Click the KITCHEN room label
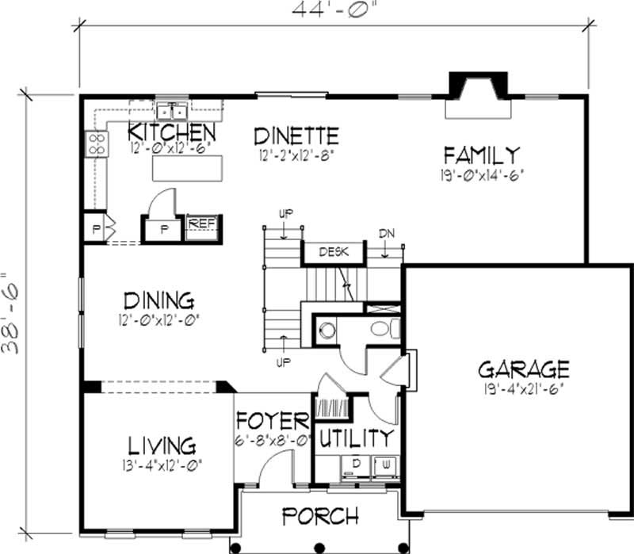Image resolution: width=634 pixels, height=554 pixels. [172, 131]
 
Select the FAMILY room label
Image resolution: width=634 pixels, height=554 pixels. [481, 154]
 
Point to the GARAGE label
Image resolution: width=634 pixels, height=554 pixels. [523, 369]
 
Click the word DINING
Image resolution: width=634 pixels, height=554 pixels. [159, 301]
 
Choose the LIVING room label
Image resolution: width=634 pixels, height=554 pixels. [159, 445]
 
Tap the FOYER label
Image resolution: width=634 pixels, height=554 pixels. [272, 420]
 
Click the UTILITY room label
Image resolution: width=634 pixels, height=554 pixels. [356, 437]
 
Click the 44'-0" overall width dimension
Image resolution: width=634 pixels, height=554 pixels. [333, 12]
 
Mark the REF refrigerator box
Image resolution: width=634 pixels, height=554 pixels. [202, 224]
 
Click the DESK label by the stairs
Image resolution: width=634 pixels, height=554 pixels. [333, 253]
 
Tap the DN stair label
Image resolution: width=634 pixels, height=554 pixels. [386, 234]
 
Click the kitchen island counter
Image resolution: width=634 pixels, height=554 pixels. [188, 168]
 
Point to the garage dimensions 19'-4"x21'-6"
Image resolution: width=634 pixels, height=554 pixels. [523, 390]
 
